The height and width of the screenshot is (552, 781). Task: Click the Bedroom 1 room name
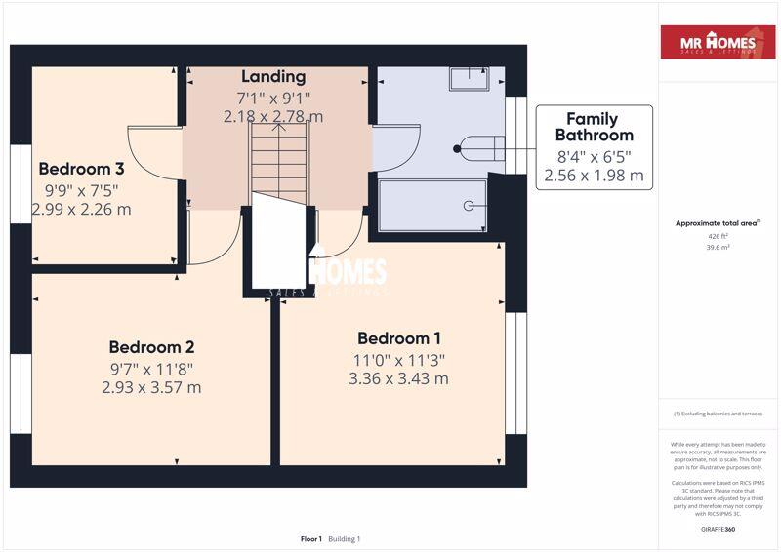398,338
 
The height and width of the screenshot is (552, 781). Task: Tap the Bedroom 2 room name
151,347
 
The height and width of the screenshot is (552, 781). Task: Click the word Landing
273,76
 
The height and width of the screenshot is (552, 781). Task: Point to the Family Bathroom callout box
594,147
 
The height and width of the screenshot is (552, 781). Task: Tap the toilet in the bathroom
482,148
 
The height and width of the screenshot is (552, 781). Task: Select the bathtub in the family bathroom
432,206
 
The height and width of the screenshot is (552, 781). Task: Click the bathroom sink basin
469,78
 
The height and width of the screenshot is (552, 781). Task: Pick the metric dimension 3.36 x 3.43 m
398,378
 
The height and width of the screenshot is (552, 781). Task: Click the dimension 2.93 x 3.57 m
151,387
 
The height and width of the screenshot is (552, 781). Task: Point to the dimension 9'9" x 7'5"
81,189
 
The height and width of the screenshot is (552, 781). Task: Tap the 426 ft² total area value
718,236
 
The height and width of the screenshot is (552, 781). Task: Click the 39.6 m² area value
718,248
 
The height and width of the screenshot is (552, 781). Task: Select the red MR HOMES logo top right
718,43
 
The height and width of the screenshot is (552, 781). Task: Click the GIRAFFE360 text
718,529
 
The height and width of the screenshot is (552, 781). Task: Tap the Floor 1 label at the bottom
311,539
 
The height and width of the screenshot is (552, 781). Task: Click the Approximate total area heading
718,223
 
